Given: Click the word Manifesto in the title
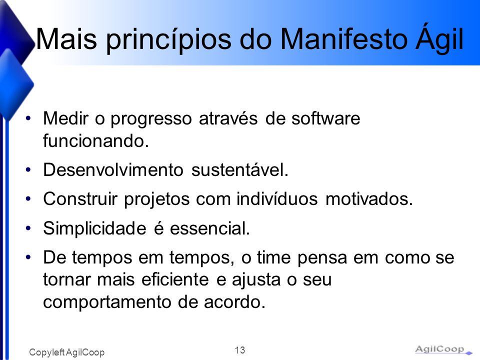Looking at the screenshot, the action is [x=344, y=39].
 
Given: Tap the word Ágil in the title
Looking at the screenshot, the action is [x=439, y=38].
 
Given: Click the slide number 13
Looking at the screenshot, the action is [x=240, y=350].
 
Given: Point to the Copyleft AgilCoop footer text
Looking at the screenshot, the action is [x=66, y=352].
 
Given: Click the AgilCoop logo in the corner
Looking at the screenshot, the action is [x=443, y=349].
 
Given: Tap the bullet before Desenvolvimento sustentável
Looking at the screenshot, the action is [x=28, y=169].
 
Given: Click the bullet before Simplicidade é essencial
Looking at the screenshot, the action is [x=28, y=228].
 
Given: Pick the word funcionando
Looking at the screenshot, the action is [x=96, y=141].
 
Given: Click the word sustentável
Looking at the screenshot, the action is [x=240, y=169].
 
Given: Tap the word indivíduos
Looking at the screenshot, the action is [x=277, y=198].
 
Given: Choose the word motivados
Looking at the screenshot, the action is [x=369, y=198].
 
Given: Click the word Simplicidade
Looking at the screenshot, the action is [x=94, y=228].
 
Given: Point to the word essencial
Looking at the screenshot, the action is [x=210, y=228].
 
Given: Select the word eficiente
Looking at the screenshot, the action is [x=175, y=279].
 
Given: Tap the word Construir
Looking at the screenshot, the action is [x=80, y=198].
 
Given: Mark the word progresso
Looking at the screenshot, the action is [x=151, y=119].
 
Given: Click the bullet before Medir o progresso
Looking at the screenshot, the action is [x=28, y=118].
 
